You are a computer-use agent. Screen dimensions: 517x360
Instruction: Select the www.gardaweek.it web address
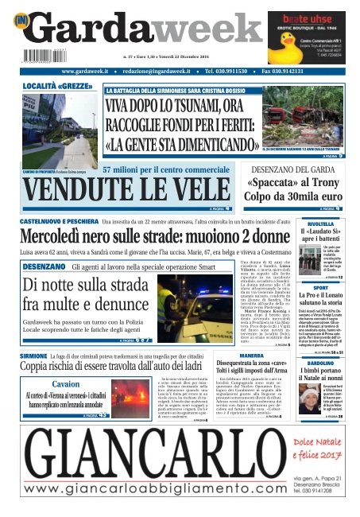(85, 72)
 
